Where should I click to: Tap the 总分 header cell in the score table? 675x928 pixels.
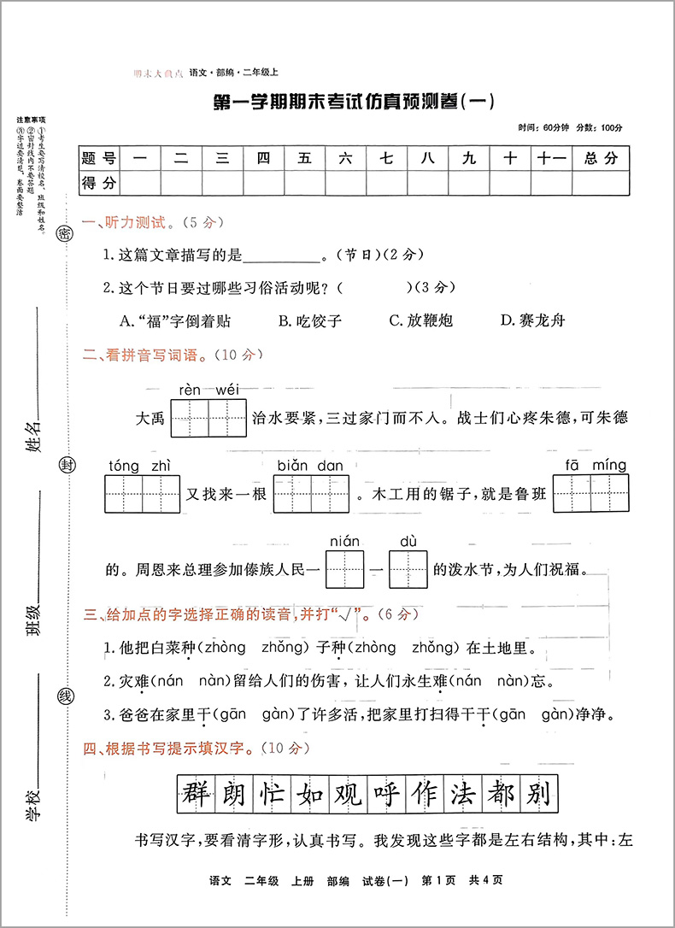pos(601,158)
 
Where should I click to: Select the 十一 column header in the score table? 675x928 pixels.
pos(550,158)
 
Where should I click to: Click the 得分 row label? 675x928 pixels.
pos(98,182)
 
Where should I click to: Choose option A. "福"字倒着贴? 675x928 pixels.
pos(176,321)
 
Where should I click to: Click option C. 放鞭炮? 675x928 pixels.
pos(420,321)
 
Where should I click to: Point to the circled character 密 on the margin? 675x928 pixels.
pos(65,235)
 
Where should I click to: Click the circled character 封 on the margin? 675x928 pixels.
pos(65,466)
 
